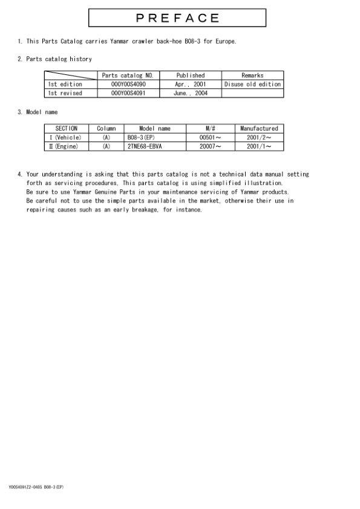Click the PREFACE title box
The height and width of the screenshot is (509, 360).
pyautogui.click(x=177, y=18)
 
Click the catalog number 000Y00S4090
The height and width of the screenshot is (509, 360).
pyautogui.click(x=129, y=85)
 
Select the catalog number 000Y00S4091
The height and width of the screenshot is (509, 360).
pyautogui.click(x=129, y=94)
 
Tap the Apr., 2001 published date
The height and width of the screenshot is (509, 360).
pyautogui.click(x=191, y=85)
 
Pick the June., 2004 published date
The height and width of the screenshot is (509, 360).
pyautogui.click(x=191, y=94)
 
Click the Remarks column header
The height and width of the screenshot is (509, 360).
pyautogui.click(x=252, y=76)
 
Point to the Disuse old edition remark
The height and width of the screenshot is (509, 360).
pyautogui.click(x=252, y=85)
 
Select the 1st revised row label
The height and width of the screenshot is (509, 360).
pyautogui.click(x=65, y=94)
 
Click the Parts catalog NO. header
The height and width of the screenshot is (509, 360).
pyautogui.click(x=128, y=76)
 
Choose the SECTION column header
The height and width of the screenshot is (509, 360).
pyautogui.click(x=67, y=129)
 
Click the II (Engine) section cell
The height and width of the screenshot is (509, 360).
pyautogui.click(x=64, y=146)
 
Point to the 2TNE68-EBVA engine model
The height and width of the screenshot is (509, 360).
pyautogui.click(x=145, y=146)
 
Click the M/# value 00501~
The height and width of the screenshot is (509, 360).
pyautogui.click(x=210, y=138)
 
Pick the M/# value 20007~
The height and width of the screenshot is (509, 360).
pyautogui.click(x=210, y=146)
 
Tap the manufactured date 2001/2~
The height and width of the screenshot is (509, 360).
pyautogui.click(x=259, y=138)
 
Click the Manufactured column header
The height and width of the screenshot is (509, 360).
pyautogui.click(x=259, y=129)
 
